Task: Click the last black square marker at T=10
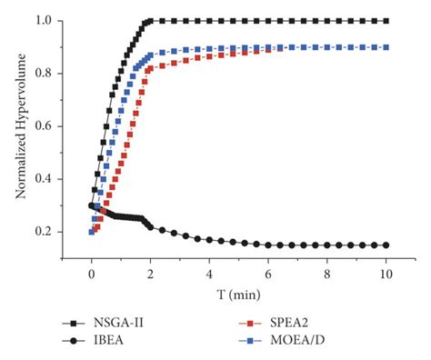click(x=386, y=20)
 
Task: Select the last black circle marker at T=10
click(x=386, y=245)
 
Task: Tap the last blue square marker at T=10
click(x=386, y=46)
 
